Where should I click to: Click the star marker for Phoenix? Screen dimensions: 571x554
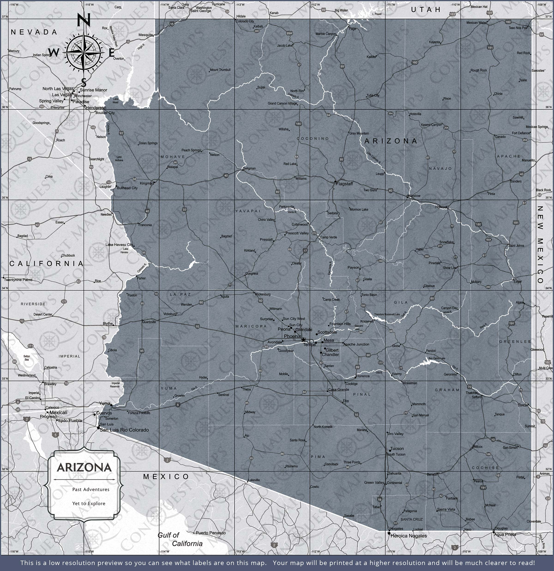point(303,340)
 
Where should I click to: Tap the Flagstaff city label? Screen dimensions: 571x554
point(344,184)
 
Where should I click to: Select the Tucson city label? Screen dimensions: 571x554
point(397,449)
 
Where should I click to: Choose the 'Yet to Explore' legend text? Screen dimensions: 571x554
point(89,503)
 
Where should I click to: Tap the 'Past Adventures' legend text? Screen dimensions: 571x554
point(91,490)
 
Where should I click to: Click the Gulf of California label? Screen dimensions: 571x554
point(180,539)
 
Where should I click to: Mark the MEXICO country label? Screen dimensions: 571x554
point(166,477)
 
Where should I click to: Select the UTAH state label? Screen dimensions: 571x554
point(426,10)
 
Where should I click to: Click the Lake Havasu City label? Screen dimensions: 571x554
point(119,245)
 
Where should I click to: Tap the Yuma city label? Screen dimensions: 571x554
point(105,403)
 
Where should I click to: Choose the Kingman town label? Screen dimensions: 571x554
point(147,183)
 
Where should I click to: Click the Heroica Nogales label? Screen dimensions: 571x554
point(408,536)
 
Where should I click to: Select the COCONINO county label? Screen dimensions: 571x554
point(313,138)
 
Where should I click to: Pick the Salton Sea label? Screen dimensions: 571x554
point(27,358)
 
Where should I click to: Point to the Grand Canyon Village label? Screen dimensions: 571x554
point(282,103)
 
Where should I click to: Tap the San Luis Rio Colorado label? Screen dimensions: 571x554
point(124,430)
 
